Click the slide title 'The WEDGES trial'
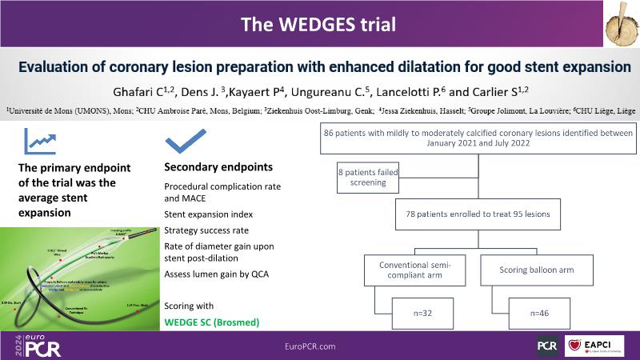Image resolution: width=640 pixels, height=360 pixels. click(319, 25)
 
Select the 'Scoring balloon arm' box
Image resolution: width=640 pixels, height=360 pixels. click(537, 270)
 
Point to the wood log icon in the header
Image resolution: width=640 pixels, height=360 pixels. click(614, 23)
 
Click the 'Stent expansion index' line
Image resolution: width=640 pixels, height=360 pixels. click(209, 214)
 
